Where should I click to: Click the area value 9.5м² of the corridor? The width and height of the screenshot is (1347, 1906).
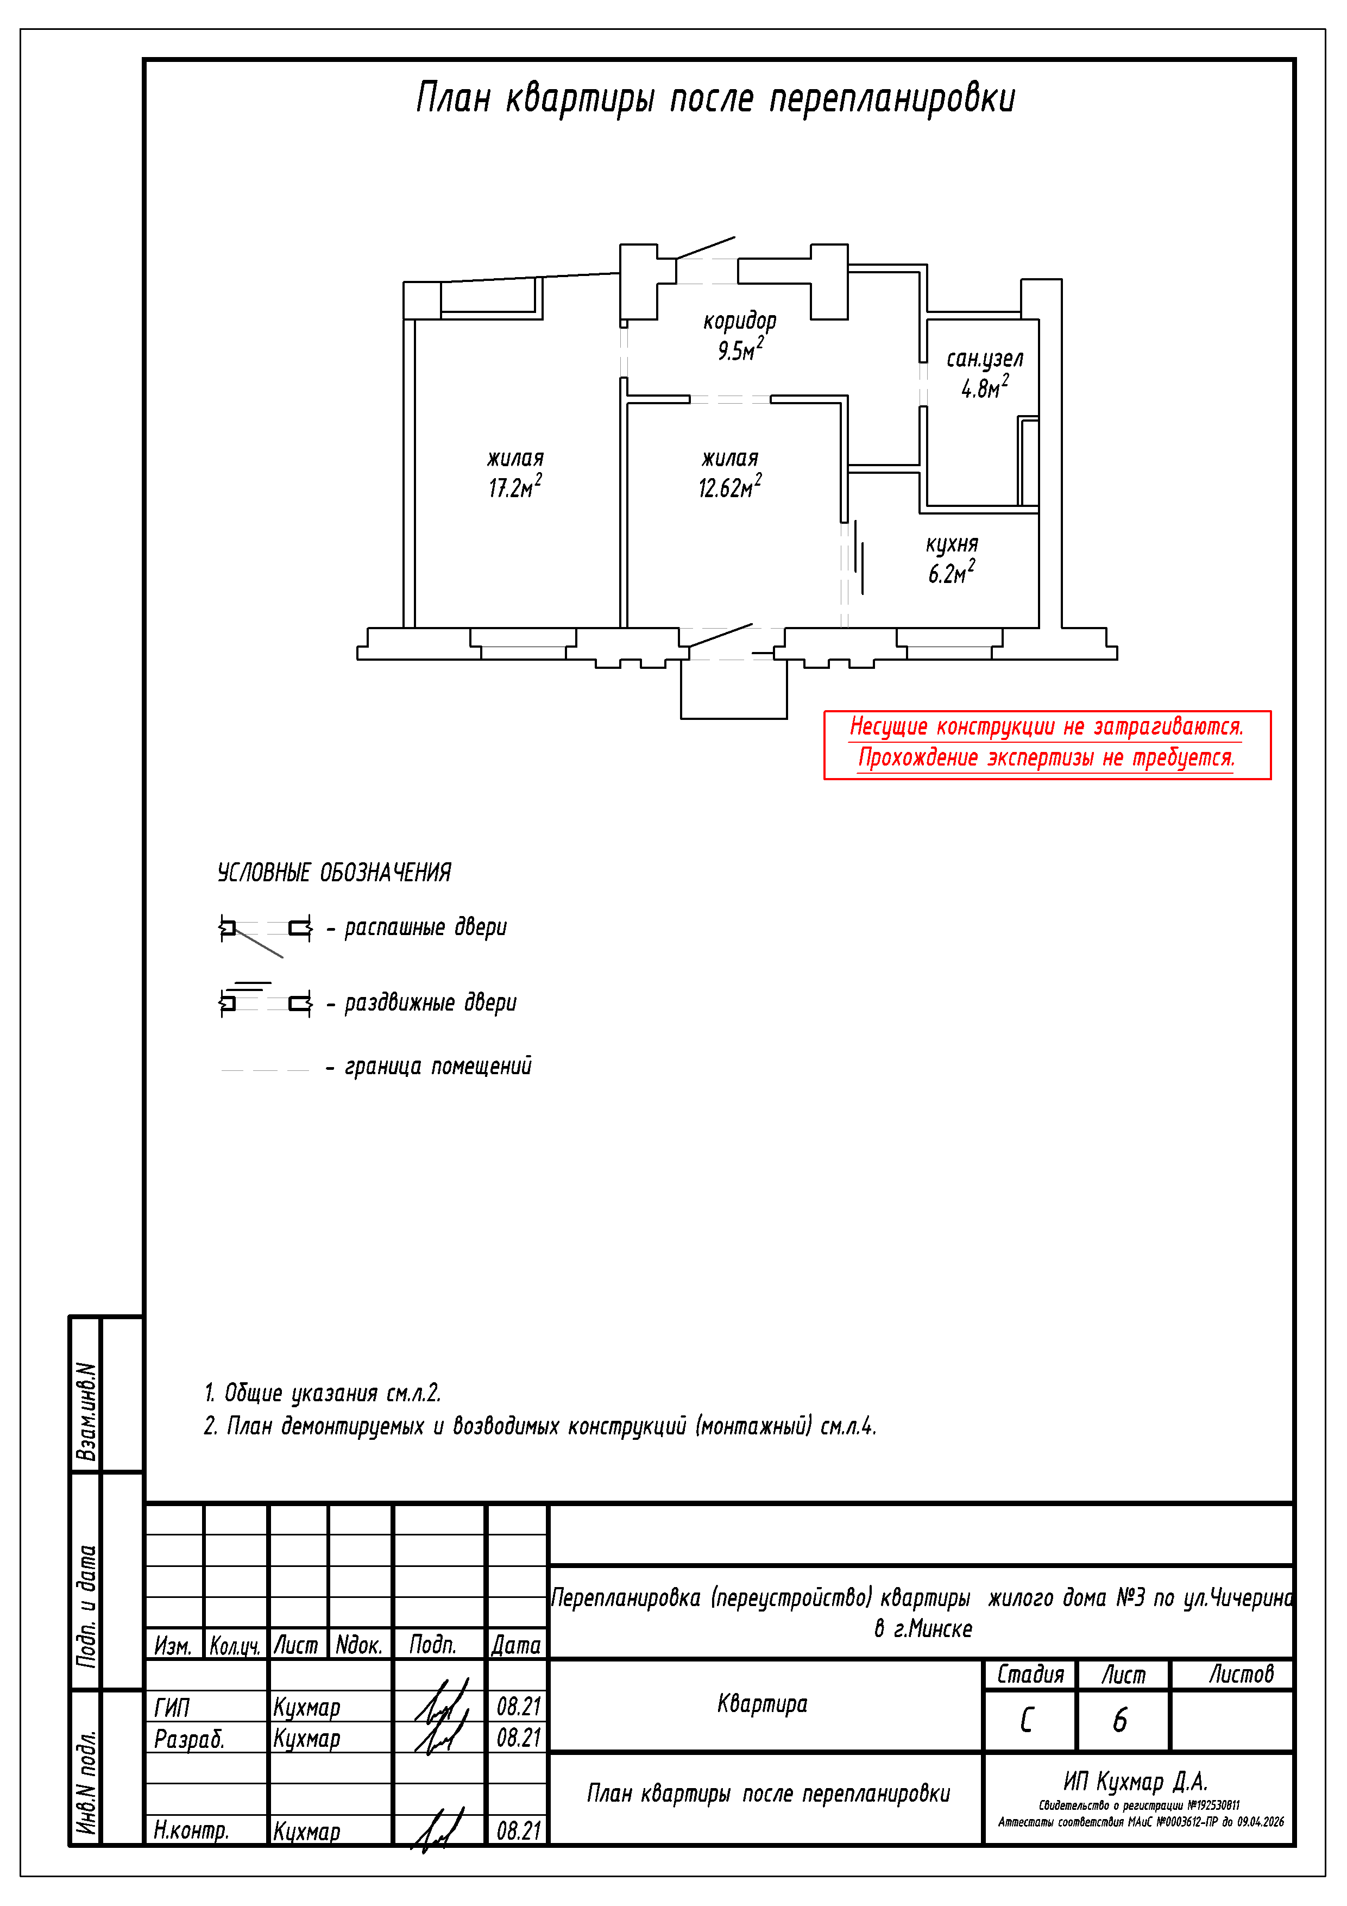click(739, 350)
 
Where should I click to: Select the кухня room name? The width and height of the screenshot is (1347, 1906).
click(952, 544)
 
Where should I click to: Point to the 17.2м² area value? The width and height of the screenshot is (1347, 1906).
click(514, 487)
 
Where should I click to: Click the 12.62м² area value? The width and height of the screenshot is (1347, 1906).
click(729, 487)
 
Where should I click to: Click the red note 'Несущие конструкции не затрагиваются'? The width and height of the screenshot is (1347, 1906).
click(1046, 727)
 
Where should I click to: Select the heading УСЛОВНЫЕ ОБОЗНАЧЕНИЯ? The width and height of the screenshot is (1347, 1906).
click(333, 873)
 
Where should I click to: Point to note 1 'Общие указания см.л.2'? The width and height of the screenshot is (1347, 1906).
click(322, 1393)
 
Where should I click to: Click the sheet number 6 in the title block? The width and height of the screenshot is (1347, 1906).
click(1121, 1721)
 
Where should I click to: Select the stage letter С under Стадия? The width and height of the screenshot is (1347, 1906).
click(1028, 1721)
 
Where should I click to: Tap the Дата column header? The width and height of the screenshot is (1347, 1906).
click(515, 1645)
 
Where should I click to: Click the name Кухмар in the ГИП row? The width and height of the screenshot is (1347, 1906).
click(306, 1708)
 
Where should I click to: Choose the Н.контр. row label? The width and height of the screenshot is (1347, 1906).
click(191, 1829)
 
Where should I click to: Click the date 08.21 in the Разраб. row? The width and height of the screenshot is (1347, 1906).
click(518, 1738)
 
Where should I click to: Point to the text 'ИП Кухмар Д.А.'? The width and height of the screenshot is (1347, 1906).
click(1135, 1782)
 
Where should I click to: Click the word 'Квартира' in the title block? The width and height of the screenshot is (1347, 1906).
click(762, 1704)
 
